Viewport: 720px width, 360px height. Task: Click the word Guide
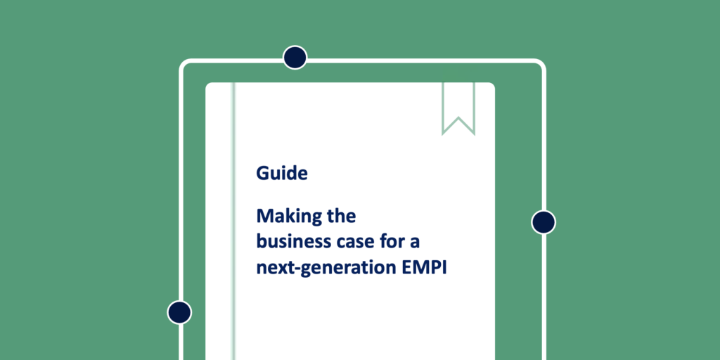coord(282,173)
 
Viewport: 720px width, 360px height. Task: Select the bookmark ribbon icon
coord(458,108)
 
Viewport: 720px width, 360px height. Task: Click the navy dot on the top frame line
coord(295,58)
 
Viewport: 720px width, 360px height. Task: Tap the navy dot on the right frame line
coord(544,222)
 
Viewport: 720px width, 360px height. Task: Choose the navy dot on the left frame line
coord(179,312)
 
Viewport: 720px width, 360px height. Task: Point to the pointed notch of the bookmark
coord(458,118)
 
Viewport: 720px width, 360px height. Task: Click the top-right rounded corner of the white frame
coord(542,63)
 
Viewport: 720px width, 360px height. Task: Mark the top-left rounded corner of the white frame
coord(183,63)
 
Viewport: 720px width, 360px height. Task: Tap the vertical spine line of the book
coord(233,221)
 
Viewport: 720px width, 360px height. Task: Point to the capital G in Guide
coord(262,173)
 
